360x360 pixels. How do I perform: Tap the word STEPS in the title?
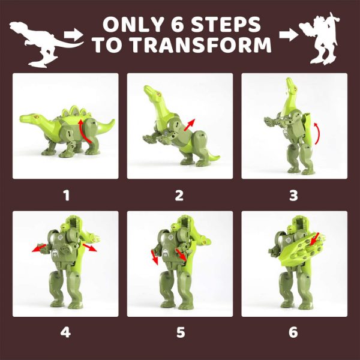click(230, 25)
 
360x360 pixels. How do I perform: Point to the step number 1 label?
click(66, 194)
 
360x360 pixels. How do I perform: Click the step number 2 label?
click(179, 194)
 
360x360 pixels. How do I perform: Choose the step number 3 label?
click(293, 194)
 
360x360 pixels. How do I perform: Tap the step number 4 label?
click(66, 331)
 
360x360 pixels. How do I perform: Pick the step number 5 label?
click(179, 331)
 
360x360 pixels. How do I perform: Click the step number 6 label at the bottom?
click(293, 331)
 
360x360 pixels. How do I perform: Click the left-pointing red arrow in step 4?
click(39, 247)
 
